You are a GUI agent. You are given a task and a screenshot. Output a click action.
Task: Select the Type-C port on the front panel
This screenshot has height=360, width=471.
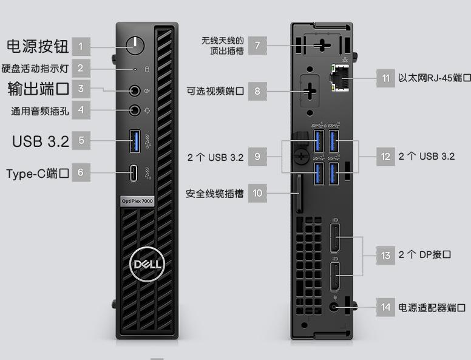coord(135,173)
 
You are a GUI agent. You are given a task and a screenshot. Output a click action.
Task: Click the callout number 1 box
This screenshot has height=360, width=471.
coord(81,46)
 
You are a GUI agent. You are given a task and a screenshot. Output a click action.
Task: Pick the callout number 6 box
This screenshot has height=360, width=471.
coord(81,173)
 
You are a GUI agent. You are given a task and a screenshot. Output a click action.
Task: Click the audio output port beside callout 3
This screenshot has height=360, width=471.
coord(135,90)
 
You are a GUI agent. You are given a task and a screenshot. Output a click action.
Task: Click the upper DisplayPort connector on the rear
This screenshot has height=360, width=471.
coord(335,237)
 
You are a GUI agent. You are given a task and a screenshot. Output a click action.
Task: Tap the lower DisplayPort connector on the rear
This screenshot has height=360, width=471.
coord(335,277)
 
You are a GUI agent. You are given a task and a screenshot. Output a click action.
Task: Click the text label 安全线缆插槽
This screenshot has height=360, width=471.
coord(215,194)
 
